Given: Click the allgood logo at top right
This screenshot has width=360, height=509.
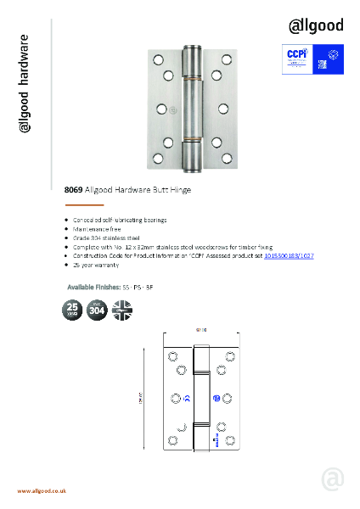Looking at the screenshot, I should click(x=317, y=25).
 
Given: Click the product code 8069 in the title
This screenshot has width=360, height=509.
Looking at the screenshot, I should click(x=73, y=191).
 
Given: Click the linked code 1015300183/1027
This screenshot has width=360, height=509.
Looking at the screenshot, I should click(x=289, y=255).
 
